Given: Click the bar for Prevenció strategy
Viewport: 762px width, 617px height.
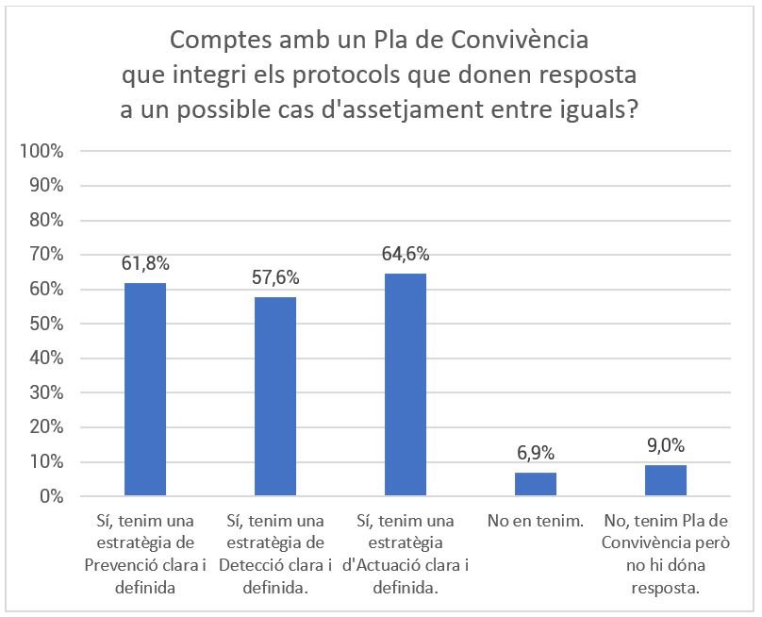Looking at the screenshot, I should pyautogui.click(x=145, y=390).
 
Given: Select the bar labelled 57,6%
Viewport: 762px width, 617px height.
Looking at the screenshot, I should pyautogui.click(x=275, y=396).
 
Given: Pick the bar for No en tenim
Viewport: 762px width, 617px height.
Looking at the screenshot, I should pyautogui.click(x=536, y=484).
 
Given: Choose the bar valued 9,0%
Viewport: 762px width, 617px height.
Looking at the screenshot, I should pyautogui.click(x=666, y=480).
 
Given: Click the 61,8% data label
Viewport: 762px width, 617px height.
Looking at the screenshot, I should pyautogui.click(x=145, y=263).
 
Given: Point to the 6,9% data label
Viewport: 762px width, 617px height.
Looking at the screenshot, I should pyautogui.click(x=536, y=453).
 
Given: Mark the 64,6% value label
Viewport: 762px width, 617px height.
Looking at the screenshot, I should pyautogui.click(x=406, y=254).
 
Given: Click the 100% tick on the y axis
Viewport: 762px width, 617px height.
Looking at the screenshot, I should pyautogui.click(x=43, y=151).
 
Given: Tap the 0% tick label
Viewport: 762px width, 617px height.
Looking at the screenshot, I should pyautogui.click(x=51, y=496).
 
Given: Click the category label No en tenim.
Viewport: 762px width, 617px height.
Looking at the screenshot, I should pyautogui.click(x=536, y=521).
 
